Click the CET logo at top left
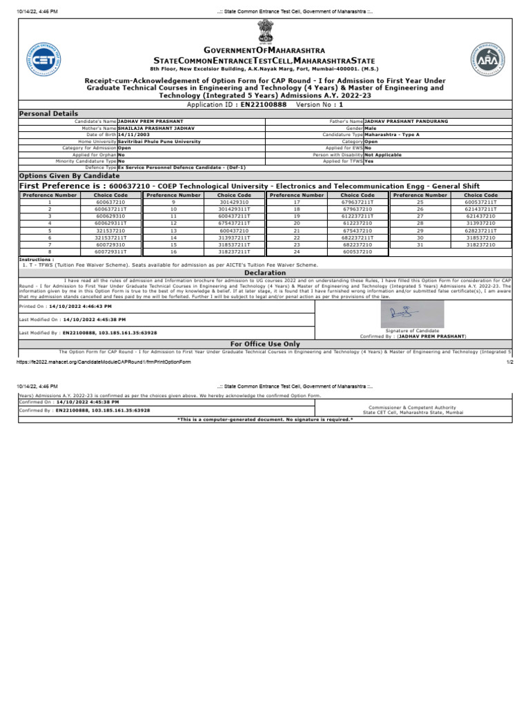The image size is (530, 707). (42, 59)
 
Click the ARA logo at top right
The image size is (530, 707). (487, 59)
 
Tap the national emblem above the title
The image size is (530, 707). (265, 32)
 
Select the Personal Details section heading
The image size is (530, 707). (48, 113)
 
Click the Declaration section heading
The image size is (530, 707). (265, 273)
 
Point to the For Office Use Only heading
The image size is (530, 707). (265, 343)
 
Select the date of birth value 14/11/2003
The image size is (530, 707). (133, 135)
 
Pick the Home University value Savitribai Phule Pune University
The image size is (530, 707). (159, 141)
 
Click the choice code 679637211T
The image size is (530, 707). (357, 202)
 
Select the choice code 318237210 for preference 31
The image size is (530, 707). (481, 244)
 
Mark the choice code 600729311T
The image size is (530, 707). (111, 252)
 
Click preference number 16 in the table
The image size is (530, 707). (173, 252)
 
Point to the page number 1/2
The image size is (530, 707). (509, 362)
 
